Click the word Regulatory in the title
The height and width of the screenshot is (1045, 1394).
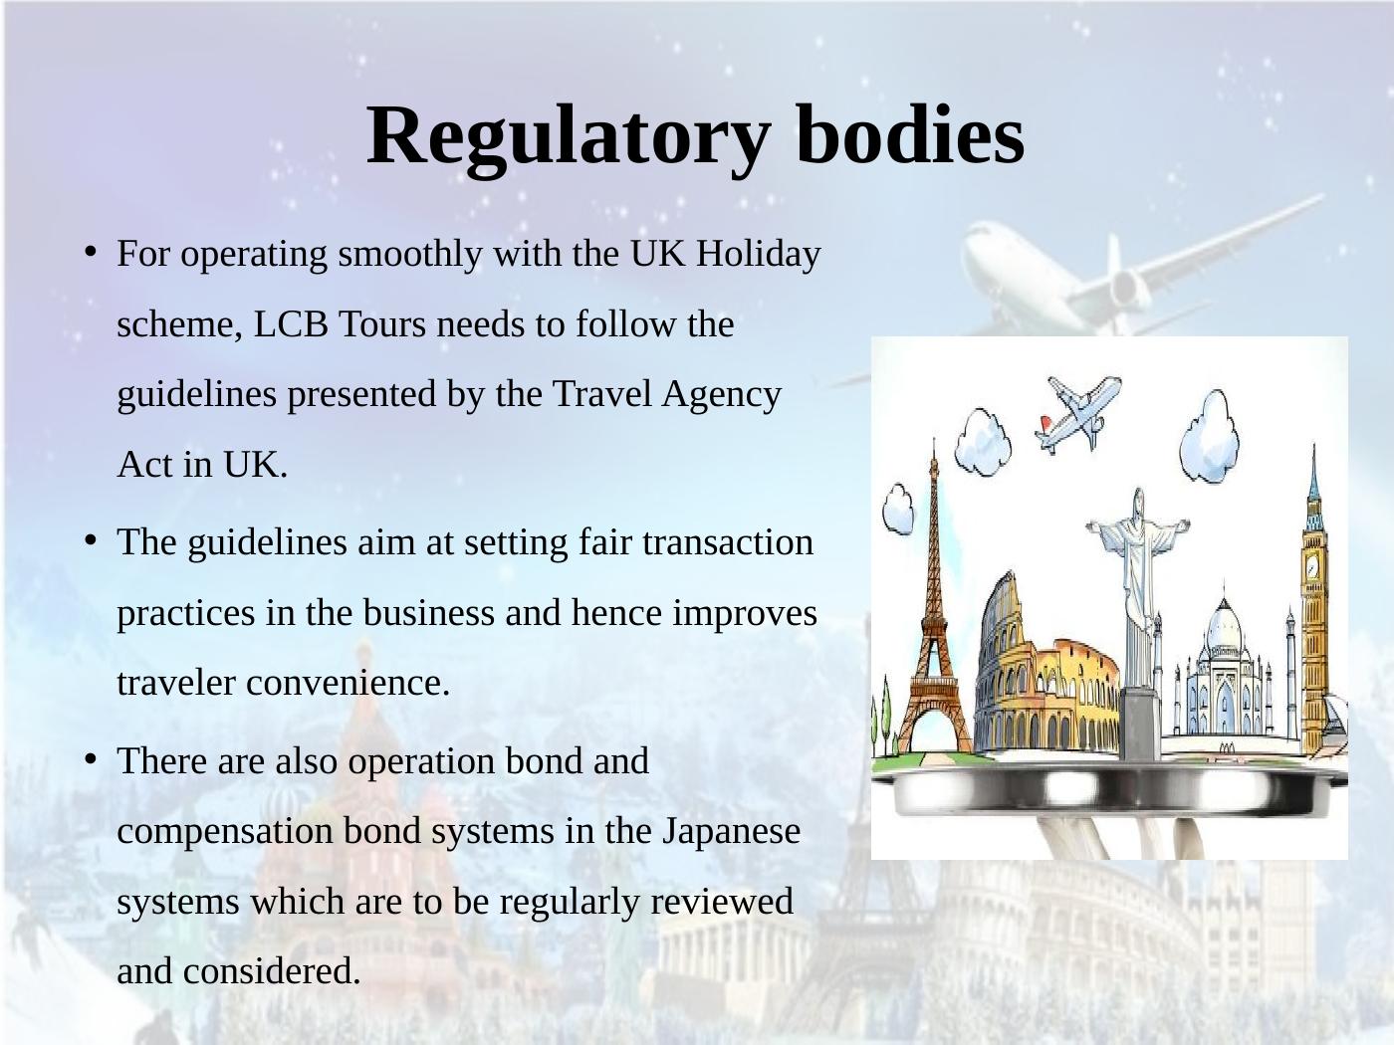[569, 139]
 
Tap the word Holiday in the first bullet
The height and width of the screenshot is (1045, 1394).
[759, 255]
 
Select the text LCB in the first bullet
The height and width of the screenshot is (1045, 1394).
[291, 323]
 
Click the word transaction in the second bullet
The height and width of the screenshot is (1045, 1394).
[728, 543]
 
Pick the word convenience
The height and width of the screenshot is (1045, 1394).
[348, 684]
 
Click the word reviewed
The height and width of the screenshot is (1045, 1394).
[722, 902]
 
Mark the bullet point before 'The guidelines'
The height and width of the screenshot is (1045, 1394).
[91, 541]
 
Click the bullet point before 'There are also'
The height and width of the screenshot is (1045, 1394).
[91, 759]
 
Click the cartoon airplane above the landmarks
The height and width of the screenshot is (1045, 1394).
[1078, 412]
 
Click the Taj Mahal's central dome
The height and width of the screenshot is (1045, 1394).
[1224, 624]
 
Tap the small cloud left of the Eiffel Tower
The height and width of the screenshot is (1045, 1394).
[899, 509]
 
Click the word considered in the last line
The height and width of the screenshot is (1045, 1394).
[272, 972]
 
